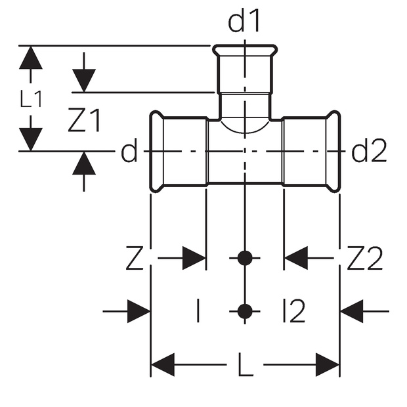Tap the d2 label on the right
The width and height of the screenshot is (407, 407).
[x=370, y=152]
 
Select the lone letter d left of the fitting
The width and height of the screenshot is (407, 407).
[x=129, y=152]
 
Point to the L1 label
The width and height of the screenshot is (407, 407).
[x=31, y=99]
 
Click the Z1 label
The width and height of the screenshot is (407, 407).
[x=85, y=121]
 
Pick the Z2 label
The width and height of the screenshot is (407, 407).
[x=364, y=259]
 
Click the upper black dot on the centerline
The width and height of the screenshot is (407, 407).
[x=244, y=258]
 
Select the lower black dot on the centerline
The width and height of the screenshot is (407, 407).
[x=244, y=311]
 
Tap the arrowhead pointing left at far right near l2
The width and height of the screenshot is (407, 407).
[x=352, y=311]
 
